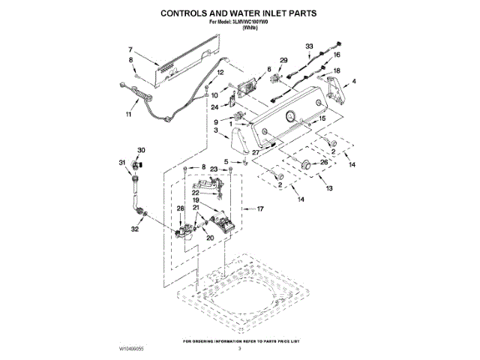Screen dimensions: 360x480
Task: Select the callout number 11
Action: point(128,114)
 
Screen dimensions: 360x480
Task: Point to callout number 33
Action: point(309,46)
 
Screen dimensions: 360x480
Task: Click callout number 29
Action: point(283,60)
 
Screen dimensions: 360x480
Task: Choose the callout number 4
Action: point(354,80)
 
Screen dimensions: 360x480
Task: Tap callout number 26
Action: point(325,162)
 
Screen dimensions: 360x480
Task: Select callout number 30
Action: point(142,149)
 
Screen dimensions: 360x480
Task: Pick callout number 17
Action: point(262,208)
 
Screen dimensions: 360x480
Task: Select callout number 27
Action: point(256,152)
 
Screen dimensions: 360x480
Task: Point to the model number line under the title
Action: point(240,22)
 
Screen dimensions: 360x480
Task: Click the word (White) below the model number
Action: point(240,28)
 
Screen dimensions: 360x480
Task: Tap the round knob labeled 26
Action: point(305,164)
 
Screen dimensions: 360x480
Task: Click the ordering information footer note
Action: point(240,340)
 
